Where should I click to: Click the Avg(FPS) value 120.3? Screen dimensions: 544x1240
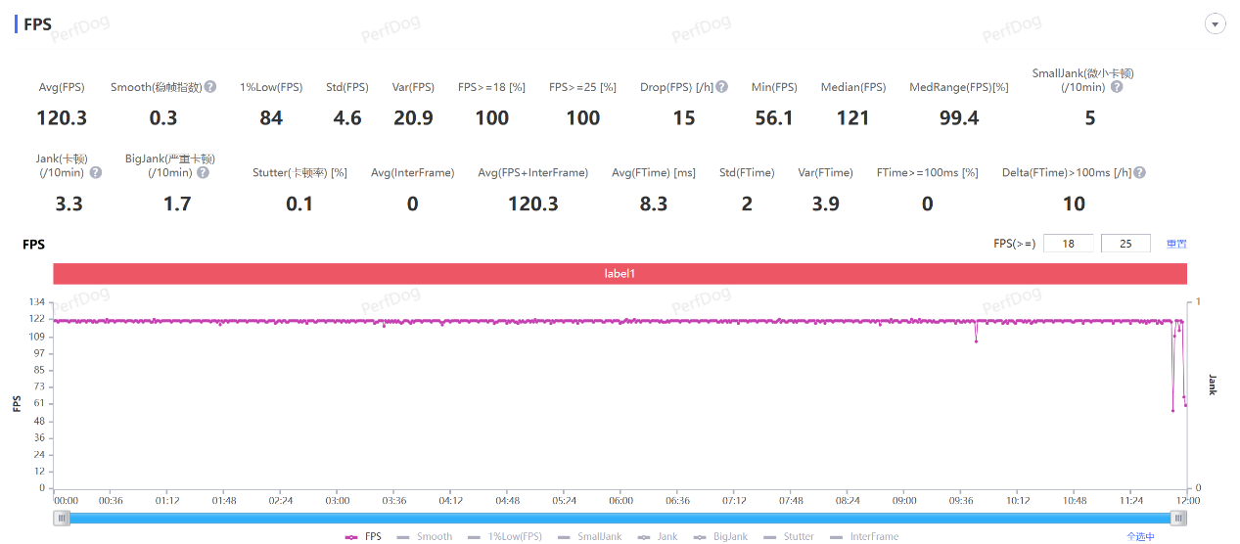62,118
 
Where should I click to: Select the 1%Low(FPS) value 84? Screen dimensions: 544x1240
271,118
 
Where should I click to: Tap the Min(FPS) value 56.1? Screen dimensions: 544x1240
774,118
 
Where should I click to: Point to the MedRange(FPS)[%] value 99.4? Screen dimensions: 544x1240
958,118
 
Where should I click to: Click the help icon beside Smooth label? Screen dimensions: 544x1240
210,87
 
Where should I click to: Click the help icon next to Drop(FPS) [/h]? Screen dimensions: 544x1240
721,87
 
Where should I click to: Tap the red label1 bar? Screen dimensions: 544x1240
620,274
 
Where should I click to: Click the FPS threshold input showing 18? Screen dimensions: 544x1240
1069,244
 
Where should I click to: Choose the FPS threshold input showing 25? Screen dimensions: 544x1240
1126,244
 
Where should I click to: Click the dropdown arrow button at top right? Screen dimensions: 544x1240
1216,24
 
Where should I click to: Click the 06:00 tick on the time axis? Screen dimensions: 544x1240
620,501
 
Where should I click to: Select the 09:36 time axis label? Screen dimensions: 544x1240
961,501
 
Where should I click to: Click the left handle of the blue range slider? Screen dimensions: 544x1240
62,519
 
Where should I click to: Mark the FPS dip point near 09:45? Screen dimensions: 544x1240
976,340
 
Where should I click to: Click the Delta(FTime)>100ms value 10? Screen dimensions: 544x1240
1074,204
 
